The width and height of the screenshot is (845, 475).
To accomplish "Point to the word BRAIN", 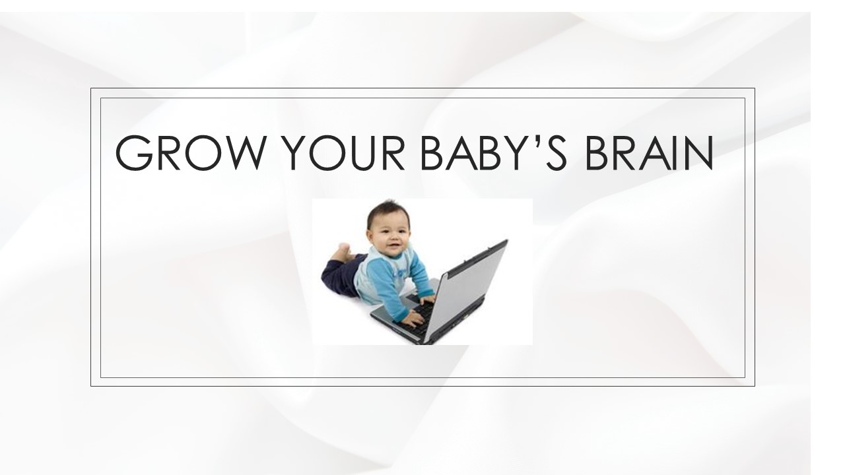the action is coord(649,152).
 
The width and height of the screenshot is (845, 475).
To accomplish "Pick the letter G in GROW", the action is coord(134,152).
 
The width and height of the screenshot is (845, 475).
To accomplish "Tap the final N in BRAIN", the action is coord(698,152).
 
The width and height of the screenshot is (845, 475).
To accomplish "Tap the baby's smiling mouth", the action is coord(394,247).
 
